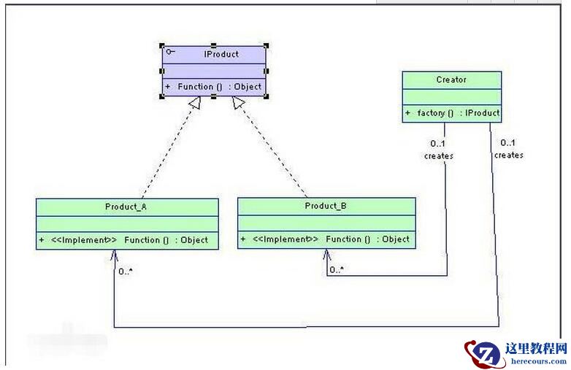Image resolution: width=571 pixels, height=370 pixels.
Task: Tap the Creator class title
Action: [x=451, y=80]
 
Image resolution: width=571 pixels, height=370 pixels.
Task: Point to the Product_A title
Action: [x=126, y=207]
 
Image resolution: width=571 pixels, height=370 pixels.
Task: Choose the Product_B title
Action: [x=326, y=206]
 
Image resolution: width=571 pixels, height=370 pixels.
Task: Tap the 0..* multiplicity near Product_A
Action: [x=125, y=271]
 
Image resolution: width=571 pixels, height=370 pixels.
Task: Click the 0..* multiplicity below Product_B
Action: [x=337, y=270]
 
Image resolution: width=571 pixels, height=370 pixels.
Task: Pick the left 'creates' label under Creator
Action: [x=438, y=155]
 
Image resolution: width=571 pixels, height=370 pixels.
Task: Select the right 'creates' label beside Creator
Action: [x=508, y=155]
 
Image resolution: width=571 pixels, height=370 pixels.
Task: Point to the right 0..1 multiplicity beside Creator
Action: [x=508, y=142]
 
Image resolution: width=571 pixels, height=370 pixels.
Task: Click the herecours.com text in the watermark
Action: [x=535, y=361]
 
